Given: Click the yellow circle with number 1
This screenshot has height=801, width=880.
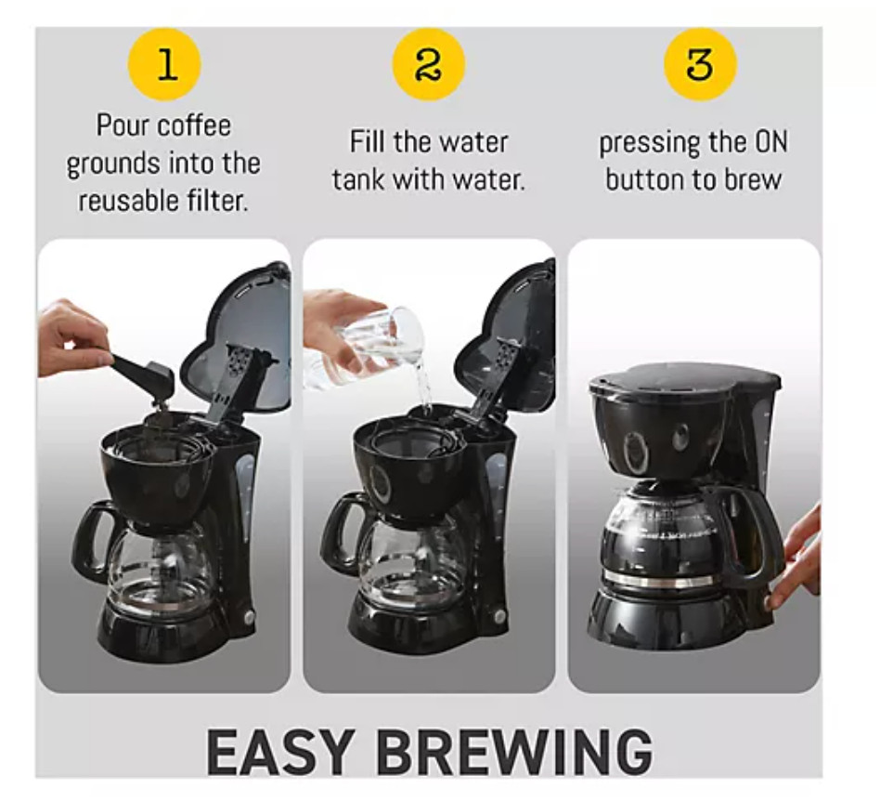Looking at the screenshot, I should pyautogui.click(x=165, y=64).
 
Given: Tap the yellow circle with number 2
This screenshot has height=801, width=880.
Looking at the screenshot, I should pyautogui.click(x=429, y=64).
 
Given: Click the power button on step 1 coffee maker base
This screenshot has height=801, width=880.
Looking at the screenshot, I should pyautogui.click(x=248, y=617).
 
